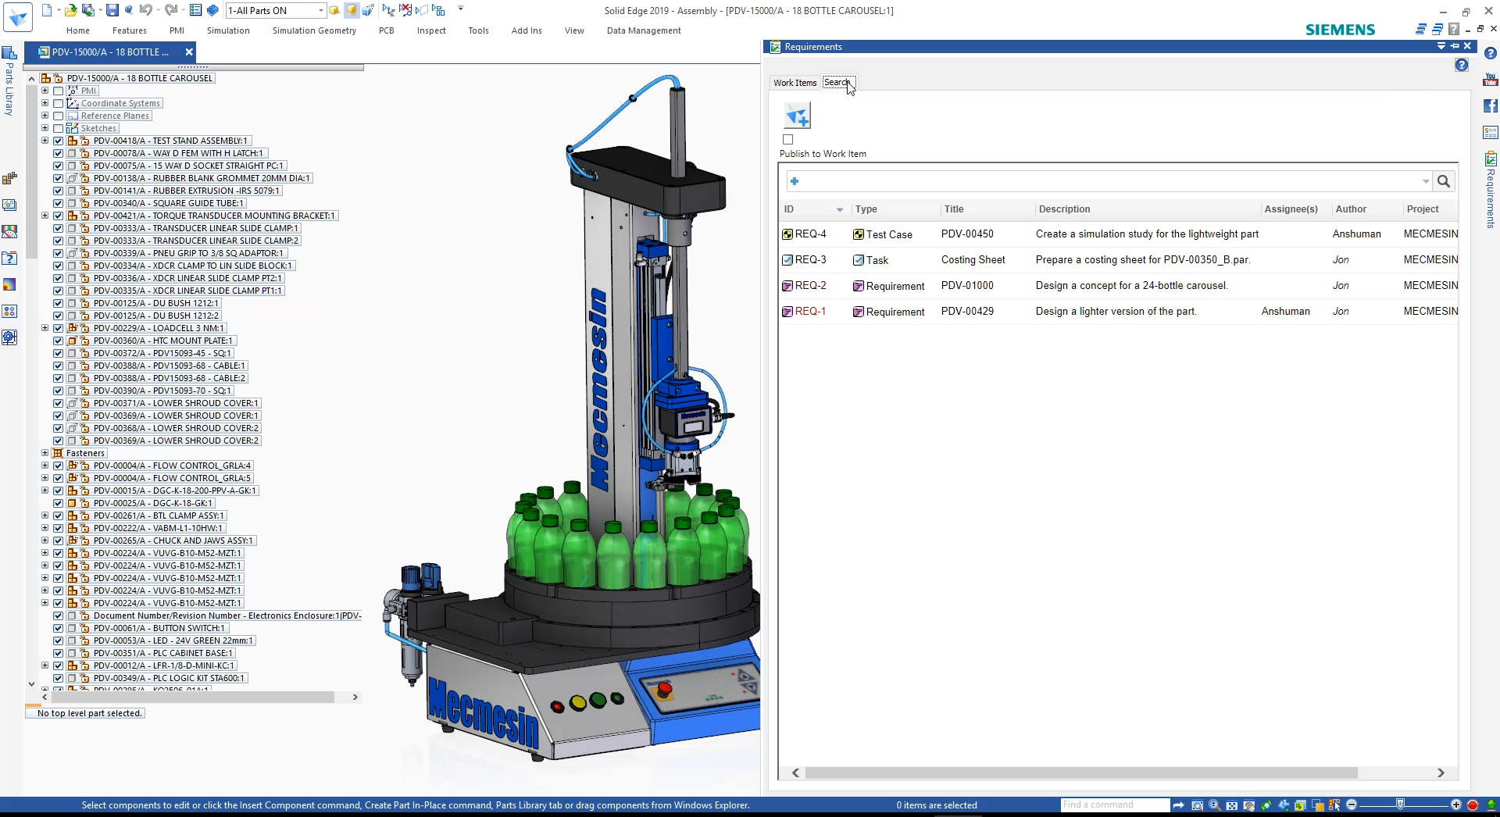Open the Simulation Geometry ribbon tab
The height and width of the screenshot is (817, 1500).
(x=314, y=30)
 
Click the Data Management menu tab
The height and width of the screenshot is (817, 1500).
(x=643, y=30)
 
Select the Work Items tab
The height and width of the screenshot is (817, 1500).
(x=795, y=83)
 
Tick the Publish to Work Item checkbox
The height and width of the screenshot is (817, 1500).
(x=787, y=140)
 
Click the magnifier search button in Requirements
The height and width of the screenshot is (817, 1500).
(x=1443, y=181)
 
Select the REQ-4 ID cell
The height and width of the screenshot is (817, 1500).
(x=810, y=234)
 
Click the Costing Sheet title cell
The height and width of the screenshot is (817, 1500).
(x=973, y=260)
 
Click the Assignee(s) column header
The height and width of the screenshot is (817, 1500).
(x=1291, y=209)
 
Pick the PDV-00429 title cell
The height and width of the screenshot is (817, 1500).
(x=967, y=312)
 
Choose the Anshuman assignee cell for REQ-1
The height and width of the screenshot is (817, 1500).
(x=1285, y=312)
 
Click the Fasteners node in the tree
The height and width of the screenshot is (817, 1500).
(x=85, y=453)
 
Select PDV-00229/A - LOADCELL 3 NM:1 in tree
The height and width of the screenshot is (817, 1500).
(x=159, y=328)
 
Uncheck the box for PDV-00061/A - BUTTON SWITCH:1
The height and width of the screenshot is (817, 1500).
(x=58, y=628)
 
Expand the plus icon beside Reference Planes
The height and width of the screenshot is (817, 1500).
(x=45, y=116)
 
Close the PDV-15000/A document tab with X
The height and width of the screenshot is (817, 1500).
(x=188, y=52)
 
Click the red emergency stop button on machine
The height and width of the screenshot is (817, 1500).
(x=664, y=689)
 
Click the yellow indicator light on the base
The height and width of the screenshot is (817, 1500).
(x=578, y=703)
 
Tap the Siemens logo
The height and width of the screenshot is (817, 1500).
(x=1340, y=30)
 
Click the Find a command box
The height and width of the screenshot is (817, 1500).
(x=1113, y=805)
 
